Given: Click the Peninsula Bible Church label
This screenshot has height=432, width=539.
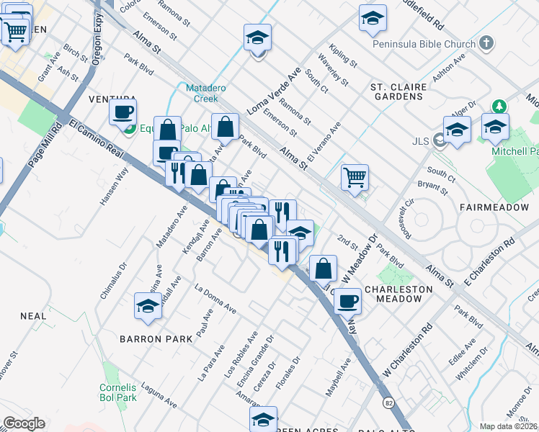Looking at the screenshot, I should (424, 44).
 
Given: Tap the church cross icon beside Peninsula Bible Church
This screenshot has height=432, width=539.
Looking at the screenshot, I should (486, 42).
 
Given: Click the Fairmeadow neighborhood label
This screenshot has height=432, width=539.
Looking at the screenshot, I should (491, 207).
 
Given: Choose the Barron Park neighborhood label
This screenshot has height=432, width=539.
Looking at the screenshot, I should (156, 338).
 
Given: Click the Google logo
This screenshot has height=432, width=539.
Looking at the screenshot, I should (24, 423).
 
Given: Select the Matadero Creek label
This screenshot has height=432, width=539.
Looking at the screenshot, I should (202, 93).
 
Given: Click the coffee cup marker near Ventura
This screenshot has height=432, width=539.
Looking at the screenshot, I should (122, 112).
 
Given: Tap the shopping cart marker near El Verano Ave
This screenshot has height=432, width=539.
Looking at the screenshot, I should (354, 176).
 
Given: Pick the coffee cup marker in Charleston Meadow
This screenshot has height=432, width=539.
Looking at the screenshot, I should (347, 301).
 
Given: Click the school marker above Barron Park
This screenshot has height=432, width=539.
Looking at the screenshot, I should (148, 305).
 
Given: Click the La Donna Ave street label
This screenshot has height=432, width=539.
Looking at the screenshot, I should (215, 298).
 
